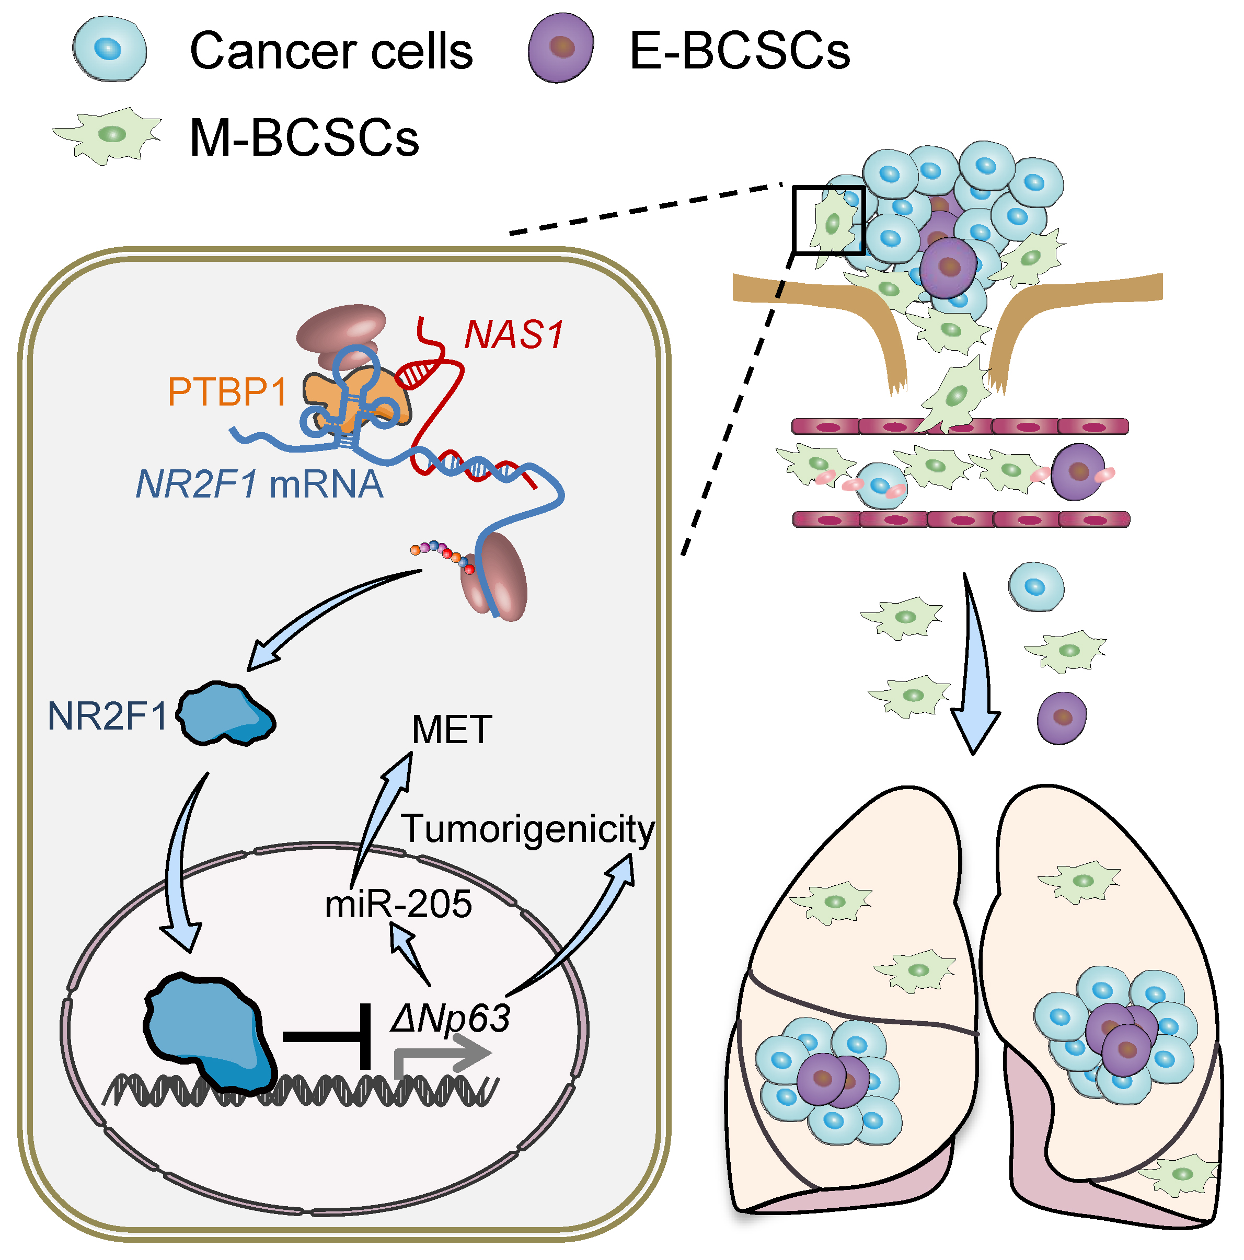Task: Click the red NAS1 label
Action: tap(513, 334)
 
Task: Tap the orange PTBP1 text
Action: tap(227, 392)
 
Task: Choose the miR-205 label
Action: tap(398, 904)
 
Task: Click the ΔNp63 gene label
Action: tap(450, 1018)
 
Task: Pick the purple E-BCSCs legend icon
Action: tap(560, 48)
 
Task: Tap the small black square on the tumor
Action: tap(828, 220)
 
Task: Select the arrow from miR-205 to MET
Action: tap(385, 815)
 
